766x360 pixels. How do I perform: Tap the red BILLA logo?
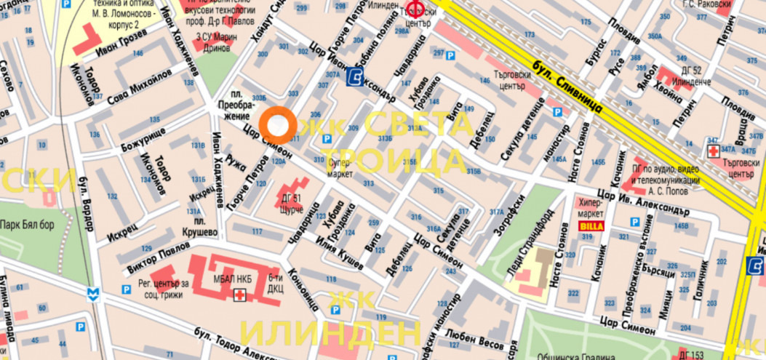click(x=590, y=226)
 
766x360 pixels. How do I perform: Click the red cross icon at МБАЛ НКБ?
click(x=239, y=294)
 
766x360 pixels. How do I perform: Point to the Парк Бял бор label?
click(x=27, y=224)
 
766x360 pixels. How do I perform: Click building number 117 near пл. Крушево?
click(x=256, y=231)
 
